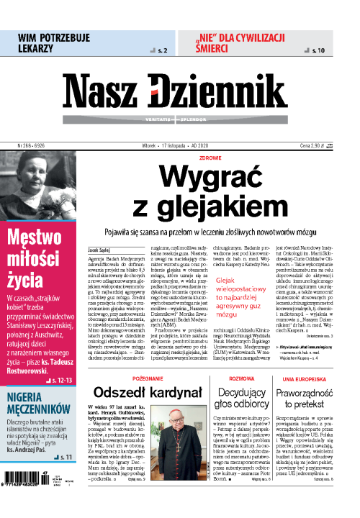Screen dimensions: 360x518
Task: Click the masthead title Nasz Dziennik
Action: (180, 91)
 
